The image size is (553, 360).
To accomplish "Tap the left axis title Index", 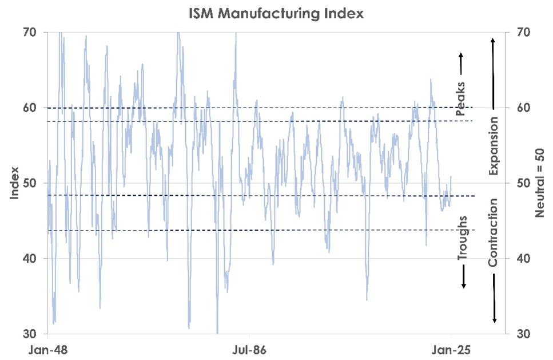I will tap(15, 183).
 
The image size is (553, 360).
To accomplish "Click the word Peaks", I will tap(462, 99).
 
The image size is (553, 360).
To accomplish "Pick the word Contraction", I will tap(494, 232).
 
